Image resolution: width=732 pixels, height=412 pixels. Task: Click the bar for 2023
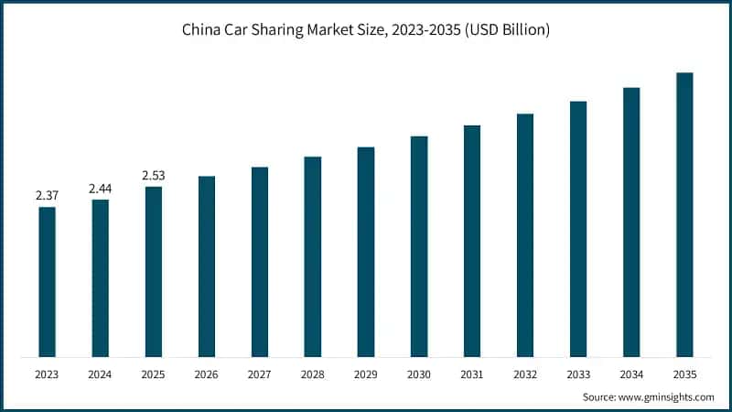(47, 282)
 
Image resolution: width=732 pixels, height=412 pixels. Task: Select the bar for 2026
(207, 266)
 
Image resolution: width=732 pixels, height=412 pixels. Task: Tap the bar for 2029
(366, 252)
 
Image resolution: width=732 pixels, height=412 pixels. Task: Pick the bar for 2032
(525, 235)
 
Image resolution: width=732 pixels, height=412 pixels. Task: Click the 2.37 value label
(47, 196)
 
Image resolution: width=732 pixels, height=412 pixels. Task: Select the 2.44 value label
(100, 189)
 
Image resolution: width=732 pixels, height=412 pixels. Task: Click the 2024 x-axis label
(100, 374)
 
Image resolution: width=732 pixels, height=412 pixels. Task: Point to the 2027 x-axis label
(260, 374)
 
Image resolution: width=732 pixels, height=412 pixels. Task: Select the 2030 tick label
(419, 374)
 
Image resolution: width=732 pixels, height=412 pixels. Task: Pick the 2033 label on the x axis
(578, 374)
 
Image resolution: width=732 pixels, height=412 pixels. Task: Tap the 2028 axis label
(313, 374)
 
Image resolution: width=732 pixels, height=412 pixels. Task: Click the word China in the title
(203, 29)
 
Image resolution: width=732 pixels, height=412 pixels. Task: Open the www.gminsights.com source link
(667, 396)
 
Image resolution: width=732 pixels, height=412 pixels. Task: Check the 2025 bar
(153, 272)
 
